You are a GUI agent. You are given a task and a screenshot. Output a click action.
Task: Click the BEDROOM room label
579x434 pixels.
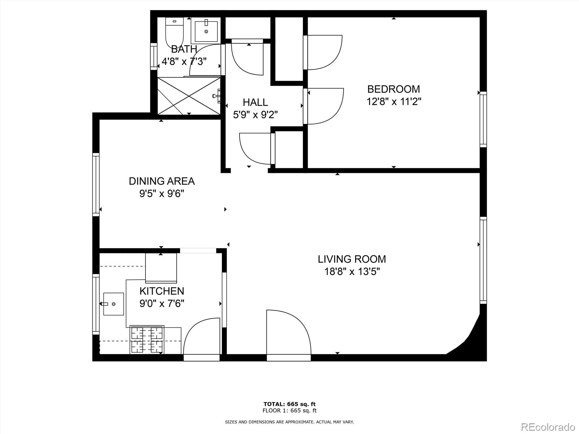393,89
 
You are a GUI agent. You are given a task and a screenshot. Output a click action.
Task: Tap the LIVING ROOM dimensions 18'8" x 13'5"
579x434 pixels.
352,271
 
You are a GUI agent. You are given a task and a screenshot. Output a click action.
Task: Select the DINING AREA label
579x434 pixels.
162,181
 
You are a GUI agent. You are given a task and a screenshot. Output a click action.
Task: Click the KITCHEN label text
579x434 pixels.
162,291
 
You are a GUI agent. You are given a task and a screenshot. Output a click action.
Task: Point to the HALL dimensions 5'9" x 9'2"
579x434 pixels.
255,115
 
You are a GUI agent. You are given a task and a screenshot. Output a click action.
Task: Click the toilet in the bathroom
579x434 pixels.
174,31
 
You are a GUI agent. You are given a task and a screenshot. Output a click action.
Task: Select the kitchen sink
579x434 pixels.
113,304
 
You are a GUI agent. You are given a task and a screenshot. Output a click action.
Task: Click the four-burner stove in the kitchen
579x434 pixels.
147,340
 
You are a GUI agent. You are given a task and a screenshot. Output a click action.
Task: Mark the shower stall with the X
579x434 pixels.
189,96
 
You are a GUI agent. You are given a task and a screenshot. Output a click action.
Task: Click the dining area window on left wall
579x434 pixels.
96,184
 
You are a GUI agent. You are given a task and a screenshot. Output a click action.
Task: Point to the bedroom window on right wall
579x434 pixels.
483,119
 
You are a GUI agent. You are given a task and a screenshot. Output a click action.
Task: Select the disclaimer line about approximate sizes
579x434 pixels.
289,422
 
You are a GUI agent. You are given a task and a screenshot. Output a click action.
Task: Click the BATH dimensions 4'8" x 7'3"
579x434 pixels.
184,61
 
